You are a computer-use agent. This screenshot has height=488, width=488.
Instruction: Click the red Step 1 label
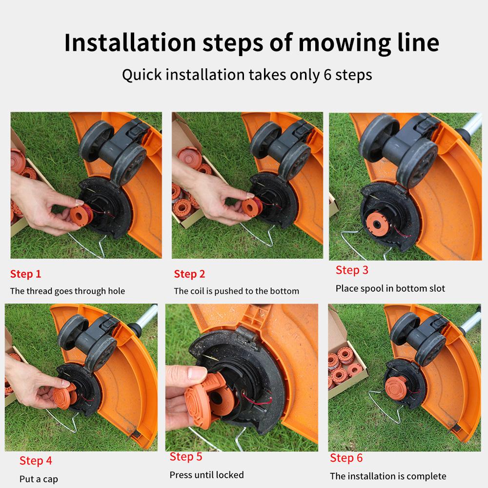pos(25,274)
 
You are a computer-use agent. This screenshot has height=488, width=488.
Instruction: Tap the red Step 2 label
pos(189,274)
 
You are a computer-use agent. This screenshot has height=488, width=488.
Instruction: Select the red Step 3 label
pos(352,270)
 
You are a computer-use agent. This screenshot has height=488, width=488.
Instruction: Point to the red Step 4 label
pos(36,461)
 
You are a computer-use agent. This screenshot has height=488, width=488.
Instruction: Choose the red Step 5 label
pos(185,457)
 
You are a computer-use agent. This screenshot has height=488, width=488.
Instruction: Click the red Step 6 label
pos(346,458)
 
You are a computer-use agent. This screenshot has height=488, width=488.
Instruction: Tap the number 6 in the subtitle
pos(327,75)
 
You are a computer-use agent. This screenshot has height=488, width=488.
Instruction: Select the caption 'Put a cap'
pos(39,479)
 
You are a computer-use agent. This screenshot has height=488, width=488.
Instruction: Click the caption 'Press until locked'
pos(206,474)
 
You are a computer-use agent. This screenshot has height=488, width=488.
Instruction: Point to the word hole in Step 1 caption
pos(115,291)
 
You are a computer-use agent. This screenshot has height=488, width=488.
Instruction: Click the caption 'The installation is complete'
pos(388,476)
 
